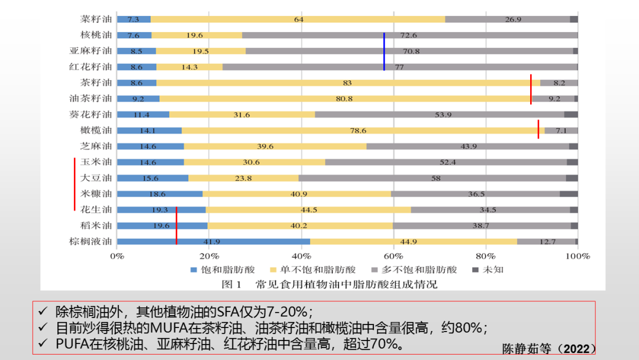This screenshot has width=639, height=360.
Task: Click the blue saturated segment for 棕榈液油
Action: (x=214, y=242)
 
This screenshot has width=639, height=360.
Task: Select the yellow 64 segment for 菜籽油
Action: (x=298, y=20)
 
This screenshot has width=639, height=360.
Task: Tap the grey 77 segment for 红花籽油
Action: (x=399, y=67)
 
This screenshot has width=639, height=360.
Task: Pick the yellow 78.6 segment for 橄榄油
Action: (x=363, y=130)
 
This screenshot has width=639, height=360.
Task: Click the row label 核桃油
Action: (x=96, y=35)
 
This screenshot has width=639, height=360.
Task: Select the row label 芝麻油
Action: (x=96, y=146)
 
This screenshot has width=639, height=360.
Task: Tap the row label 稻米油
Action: (x=96, y=225)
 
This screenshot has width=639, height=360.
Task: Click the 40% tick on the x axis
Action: (x=301, y=256)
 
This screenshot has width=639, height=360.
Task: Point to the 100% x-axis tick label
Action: (x=577, y=256)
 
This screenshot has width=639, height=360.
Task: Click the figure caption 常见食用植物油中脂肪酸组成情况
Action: (x=346, y=285)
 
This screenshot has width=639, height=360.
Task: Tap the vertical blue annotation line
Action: (x=384, y=52)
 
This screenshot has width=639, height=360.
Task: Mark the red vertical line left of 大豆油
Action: (x=75, y=184)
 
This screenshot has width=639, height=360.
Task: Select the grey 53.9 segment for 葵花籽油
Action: (x=439, y=114)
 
